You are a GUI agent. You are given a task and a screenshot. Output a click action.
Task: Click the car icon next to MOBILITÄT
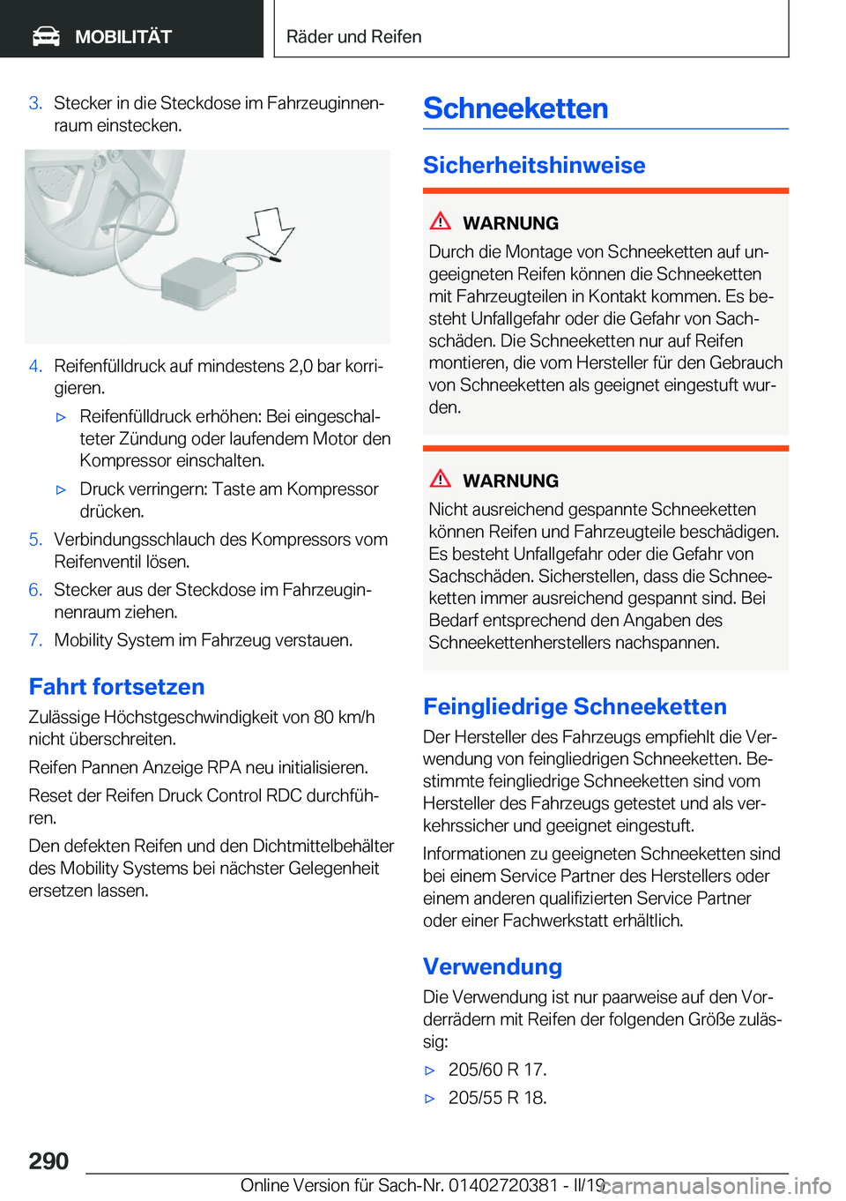46,36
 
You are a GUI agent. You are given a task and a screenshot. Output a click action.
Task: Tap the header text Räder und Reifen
353,37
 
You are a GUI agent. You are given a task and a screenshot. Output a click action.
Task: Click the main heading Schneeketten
516,108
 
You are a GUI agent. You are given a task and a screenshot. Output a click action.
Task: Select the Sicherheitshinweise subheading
534,165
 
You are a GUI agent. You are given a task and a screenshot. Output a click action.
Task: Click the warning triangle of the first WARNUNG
441,221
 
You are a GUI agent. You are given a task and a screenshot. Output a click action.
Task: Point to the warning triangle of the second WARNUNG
441,479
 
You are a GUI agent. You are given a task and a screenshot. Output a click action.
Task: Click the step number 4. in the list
35,366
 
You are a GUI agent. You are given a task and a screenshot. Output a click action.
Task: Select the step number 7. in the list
35,640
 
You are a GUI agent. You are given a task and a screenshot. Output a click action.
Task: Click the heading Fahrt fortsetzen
116,687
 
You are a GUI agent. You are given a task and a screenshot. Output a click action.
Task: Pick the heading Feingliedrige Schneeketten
575,706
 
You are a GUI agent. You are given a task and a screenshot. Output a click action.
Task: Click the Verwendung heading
493,966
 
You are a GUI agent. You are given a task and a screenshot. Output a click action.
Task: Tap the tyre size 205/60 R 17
497,1070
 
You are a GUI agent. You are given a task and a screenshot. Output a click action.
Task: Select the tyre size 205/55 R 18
497,1098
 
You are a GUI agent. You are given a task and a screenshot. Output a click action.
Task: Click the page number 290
48,1160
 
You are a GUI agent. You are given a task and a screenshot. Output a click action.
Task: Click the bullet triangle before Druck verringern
62,489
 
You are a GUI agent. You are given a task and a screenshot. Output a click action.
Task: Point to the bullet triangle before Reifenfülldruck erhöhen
62,417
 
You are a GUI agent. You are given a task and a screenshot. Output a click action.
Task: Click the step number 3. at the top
35,103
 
